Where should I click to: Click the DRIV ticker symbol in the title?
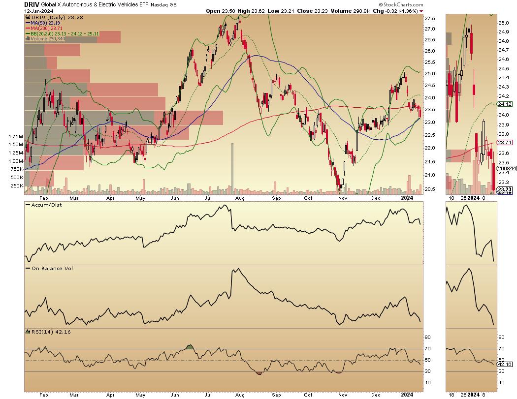32,4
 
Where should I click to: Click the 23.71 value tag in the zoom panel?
505,142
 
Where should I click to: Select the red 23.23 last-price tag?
505,189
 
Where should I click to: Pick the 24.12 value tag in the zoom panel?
505,104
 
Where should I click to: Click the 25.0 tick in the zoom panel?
503,23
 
